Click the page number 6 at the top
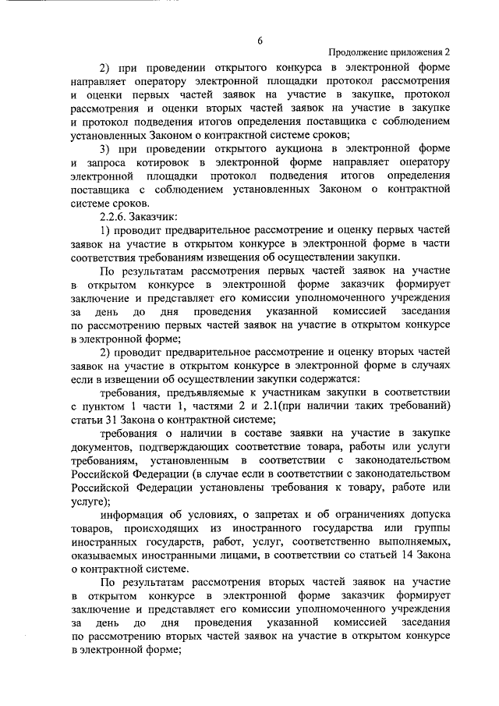tap(260, 40)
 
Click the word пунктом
tap(104, 407)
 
